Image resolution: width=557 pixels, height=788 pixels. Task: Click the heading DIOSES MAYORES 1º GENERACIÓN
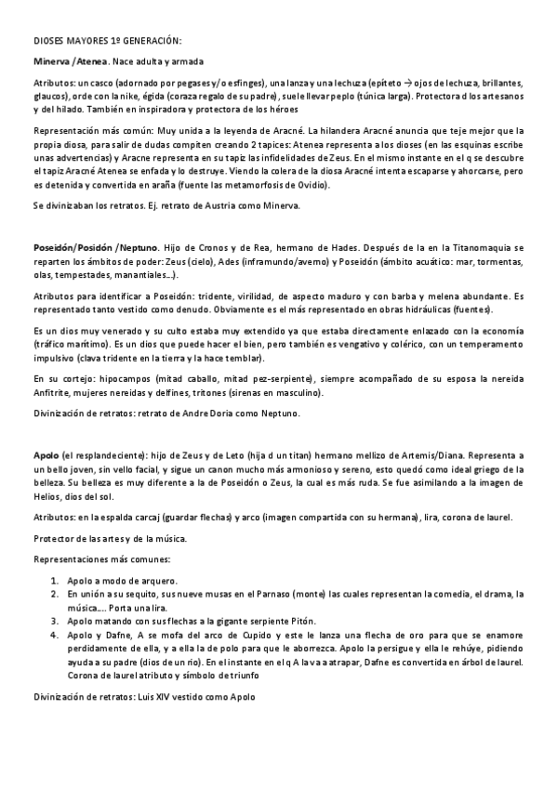(x=108, y=42)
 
